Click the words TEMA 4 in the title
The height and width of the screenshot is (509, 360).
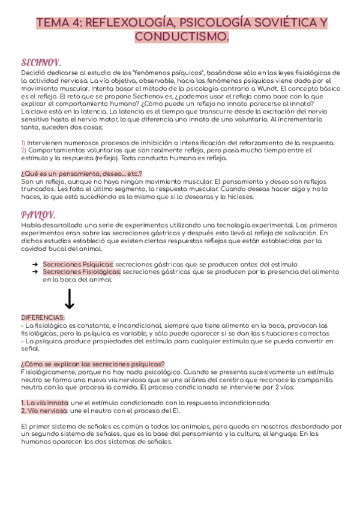coord(59,23)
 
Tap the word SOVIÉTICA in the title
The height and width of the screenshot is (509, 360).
coord(276,23)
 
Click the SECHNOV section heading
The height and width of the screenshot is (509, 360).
coord(41,62)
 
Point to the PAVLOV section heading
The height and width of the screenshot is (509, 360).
coord(38,214)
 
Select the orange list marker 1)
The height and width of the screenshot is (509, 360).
coord(23,142)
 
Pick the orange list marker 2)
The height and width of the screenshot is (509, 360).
coord(23,150)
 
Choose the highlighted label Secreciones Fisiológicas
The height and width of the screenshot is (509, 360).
coord(82,272)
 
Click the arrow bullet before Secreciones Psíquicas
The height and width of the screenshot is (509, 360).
coord(35,264)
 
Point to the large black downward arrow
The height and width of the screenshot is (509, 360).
coord(69,298)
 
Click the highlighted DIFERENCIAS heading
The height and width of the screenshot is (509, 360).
coord(43,318)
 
